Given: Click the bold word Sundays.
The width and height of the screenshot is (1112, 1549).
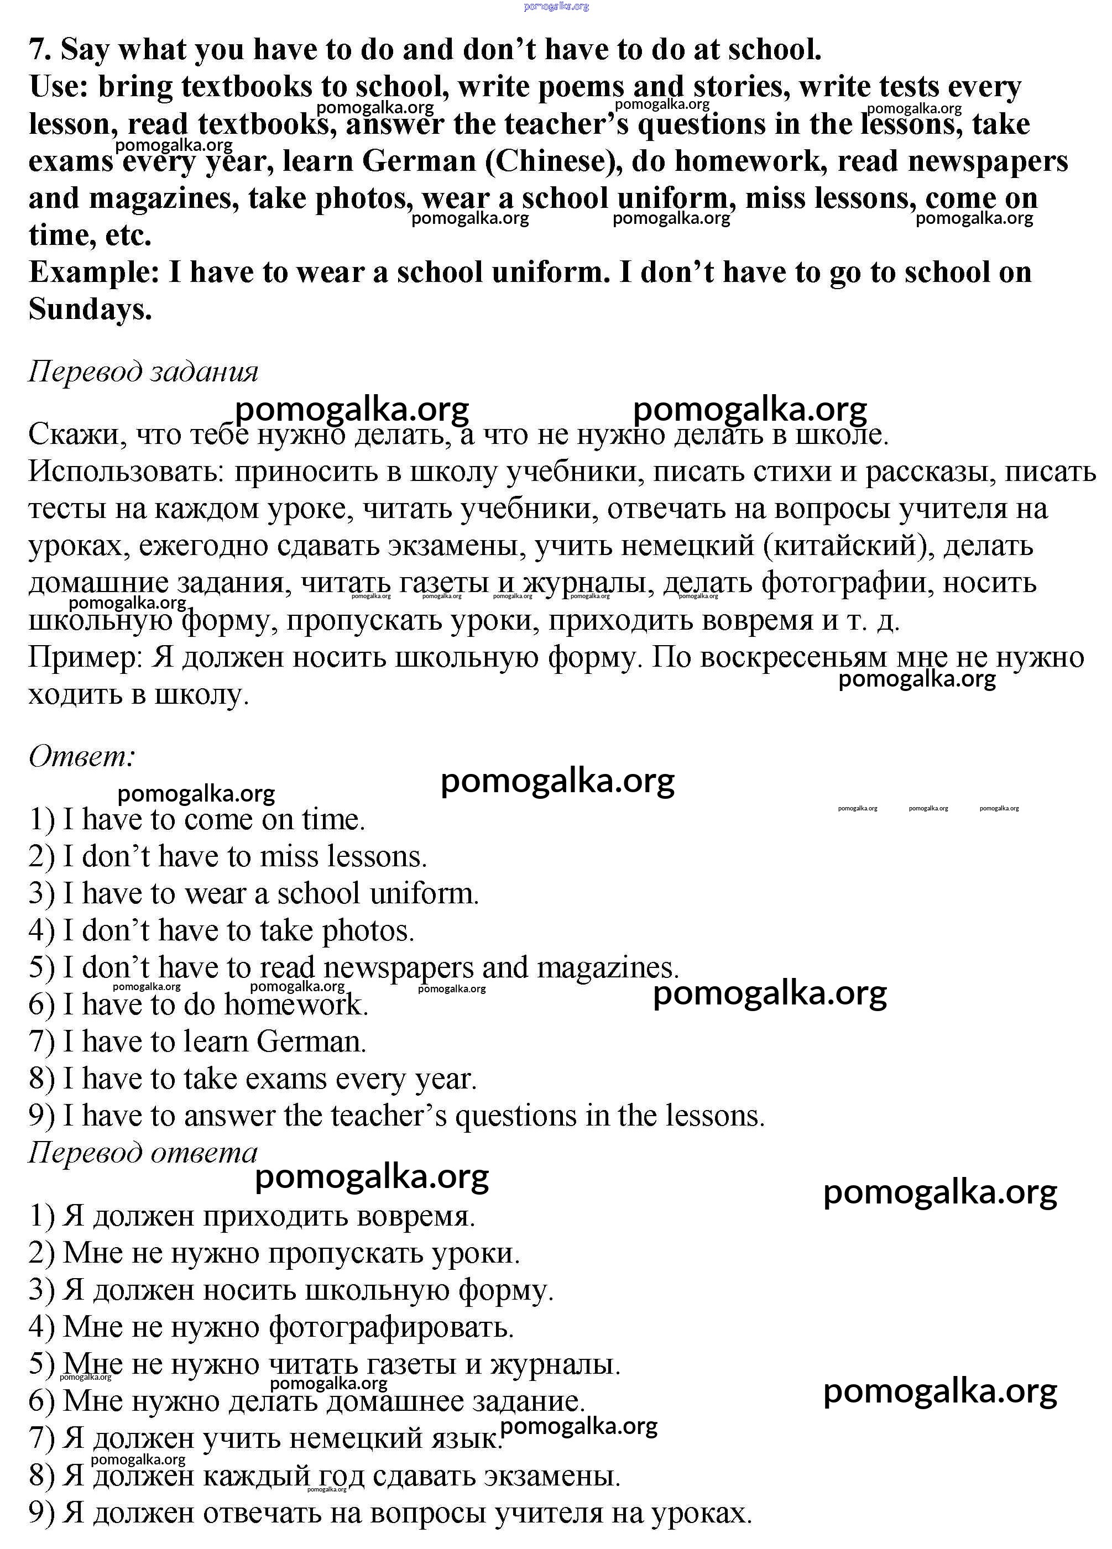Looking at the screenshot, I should [x=90, y=310].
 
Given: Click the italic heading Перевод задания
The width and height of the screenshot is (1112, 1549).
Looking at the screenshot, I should [x=143, y=371].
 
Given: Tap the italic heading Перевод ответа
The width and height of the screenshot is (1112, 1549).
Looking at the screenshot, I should [x=143, y=1153].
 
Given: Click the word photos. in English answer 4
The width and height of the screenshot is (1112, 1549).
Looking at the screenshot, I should [x=368, y=931].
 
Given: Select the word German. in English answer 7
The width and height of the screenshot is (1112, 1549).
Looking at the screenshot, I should [x=311, y=1042].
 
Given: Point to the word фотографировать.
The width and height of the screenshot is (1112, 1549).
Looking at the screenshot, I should [x=391, y=1326].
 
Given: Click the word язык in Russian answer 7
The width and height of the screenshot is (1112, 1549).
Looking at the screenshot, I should [x=464, y=1438].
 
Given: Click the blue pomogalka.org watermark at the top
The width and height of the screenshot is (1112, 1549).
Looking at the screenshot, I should [x=556, y=6].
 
